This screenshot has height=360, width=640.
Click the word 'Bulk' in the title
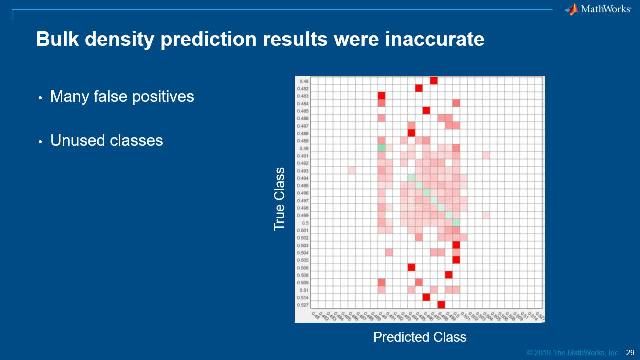(x=57, y=40)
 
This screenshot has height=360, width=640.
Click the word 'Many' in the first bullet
(x=69, y=97)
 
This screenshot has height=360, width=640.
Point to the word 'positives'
(x=164, y=97)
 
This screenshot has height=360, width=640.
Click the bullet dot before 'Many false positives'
(x=40, y=98)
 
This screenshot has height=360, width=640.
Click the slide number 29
(x=630, y=352)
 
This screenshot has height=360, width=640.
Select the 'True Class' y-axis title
(x=280, y=200)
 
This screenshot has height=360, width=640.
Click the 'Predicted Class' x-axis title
(x=420, y=337)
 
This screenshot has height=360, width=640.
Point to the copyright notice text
(x=565, y=352)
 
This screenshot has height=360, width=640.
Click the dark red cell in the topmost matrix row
(x=433, y=81)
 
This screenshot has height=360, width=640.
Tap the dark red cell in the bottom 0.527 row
(x=441, y=304)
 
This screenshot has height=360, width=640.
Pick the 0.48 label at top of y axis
(x=303, y=81)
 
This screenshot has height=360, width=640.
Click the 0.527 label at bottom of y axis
(x=303, y=304)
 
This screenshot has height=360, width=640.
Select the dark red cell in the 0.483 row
(x=381, y=96)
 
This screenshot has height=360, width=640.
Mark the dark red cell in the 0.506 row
(x=411, y=267)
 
